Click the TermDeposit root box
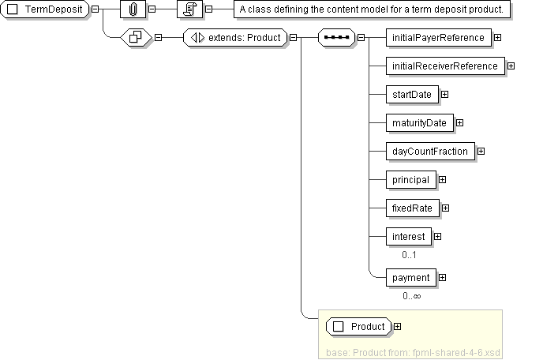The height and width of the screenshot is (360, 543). [x=47, y=9]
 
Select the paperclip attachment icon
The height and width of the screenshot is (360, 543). [x=133, y=9]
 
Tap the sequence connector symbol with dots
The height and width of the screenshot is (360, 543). [x=337, y=37]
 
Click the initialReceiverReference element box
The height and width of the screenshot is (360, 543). [x=445, y=66]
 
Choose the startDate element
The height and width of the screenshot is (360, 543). [x=412, y=94]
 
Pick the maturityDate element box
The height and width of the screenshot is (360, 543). [x=419, y=122]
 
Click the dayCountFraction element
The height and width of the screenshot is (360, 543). [x=430, y=151]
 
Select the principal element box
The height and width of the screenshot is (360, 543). [x=410, y=179]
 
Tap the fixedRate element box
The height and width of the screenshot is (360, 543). [x=412, y=208]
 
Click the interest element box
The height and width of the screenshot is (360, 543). [x=409, y=236]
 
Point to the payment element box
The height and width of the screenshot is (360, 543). [x=410, y=277]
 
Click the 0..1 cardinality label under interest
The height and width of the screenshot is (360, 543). [x=409, y=255]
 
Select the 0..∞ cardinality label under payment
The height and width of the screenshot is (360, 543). [x=411, y=296]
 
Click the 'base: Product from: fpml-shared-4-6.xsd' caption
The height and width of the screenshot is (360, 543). [x=413, y=351]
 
